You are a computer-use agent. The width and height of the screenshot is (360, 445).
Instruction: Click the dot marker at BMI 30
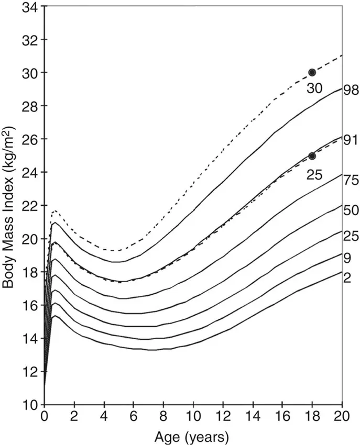312,72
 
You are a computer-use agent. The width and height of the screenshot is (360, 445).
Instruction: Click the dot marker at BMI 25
312,155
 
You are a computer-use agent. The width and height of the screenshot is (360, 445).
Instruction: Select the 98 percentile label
350,90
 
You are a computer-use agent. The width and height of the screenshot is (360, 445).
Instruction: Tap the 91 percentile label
350,140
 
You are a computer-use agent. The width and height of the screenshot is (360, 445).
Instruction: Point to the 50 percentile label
350,210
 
